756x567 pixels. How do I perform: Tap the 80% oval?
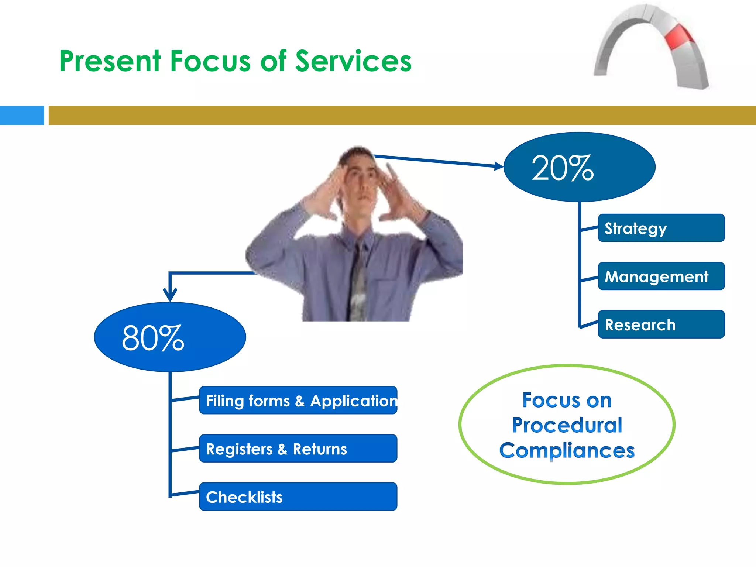pos(170,337)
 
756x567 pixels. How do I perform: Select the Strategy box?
pos(661,228)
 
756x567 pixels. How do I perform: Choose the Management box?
pos(661,276)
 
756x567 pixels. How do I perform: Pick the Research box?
pos(661,324)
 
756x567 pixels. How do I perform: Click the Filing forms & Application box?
pos(298,401)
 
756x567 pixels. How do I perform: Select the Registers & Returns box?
pos(298,449)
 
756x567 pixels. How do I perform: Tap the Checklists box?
pos(298,497)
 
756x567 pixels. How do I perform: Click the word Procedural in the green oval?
pos(567,425)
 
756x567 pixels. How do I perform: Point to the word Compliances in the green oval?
pos(567,451)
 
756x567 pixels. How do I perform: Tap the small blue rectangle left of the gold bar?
pos(22,115)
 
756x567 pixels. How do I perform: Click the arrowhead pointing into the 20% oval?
pos(499,166)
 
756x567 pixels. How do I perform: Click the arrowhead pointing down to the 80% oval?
pos(170,295)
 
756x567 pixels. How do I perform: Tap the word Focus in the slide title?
pos(210,61)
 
